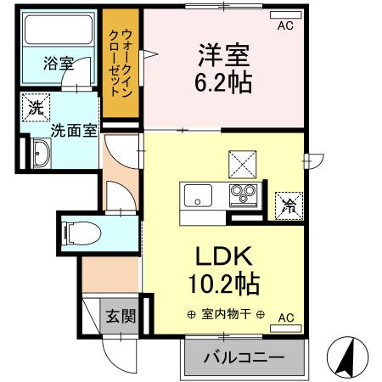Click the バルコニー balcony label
point(244,357)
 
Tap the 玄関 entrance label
point(120,317)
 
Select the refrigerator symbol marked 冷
point(288,204)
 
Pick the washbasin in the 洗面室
point(39,154)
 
